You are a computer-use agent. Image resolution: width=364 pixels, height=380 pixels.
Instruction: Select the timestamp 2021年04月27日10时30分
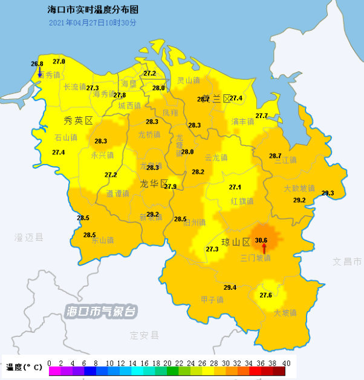point(93,22)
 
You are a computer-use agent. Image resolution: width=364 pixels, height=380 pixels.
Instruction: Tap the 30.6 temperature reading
point(261,240)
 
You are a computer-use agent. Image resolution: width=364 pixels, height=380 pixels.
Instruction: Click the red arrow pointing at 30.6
point(264,249)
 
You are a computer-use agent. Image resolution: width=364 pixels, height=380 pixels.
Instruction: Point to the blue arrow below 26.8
point(39,73)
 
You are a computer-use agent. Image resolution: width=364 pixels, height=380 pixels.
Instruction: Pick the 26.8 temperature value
point(37,64)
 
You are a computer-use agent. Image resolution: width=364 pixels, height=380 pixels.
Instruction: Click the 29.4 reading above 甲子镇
point(230,287)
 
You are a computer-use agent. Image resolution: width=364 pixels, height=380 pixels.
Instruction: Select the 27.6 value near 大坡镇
point(265,295)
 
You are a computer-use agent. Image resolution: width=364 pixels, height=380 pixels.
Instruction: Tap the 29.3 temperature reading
point(327,193)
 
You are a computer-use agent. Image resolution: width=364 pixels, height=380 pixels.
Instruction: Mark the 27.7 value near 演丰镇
point(261,116)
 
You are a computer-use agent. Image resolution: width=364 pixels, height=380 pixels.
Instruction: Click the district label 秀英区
point(78,120)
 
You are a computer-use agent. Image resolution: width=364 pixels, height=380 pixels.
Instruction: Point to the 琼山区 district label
point(236,243)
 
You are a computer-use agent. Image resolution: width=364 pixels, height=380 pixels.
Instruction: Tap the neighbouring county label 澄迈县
point(29,238)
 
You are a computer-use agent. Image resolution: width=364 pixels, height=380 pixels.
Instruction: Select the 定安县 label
point(144,335)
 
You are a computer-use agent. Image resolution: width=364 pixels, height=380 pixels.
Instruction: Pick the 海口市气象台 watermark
point(101,312)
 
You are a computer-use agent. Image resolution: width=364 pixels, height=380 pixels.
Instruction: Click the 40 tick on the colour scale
point(286,363)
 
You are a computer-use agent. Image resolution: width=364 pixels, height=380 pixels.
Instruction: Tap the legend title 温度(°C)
point(24,367)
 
